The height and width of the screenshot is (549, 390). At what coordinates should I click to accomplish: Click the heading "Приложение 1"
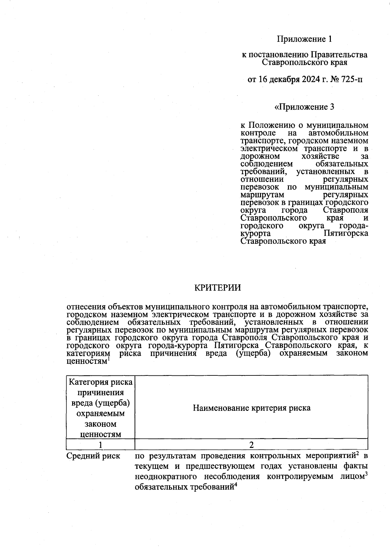tap(304, 39)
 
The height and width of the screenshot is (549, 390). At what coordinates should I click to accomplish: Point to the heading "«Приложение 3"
tap(304, 107)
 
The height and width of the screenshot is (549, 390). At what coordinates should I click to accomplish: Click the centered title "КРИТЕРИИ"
tap(217, 288)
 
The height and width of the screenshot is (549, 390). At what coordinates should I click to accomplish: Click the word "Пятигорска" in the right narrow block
tap(346, 233)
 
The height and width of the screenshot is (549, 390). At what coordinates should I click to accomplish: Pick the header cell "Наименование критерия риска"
tap(251, 408)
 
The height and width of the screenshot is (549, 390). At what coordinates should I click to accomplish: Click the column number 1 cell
tap(100, 444)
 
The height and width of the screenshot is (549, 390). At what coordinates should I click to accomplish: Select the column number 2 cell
tap(251, 444)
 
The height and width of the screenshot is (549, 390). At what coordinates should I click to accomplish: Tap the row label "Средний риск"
tap(93, 456)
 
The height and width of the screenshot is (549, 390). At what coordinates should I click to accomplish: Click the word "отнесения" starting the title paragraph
tap(85, 307)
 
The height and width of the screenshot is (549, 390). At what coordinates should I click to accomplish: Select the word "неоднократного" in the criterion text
tap(165, 477)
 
